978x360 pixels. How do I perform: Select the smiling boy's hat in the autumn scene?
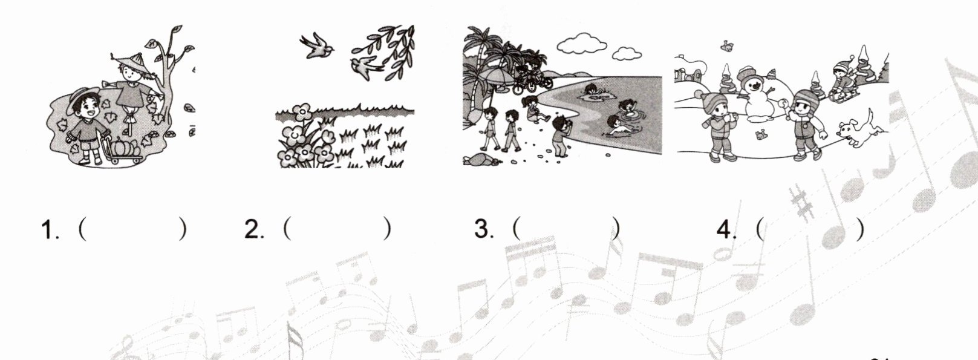82,99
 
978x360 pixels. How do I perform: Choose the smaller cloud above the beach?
627,54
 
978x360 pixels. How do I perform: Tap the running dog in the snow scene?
857,130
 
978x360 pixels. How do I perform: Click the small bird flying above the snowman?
726,45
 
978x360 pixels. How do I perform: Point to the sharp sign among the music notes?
803,202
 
